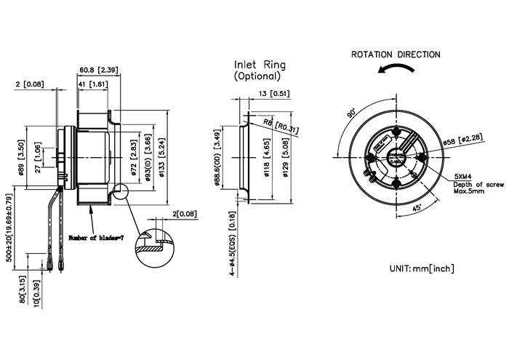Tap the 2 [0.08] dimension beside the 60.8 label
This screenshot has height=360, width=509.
pos(30,84)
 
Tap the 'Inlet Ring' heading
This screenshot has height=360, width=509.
pos(259,63)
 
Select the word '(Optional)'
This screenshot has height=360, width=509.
pos(257,76)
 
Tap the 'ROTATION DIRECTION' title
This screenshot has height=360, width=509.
pos(396,55)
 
